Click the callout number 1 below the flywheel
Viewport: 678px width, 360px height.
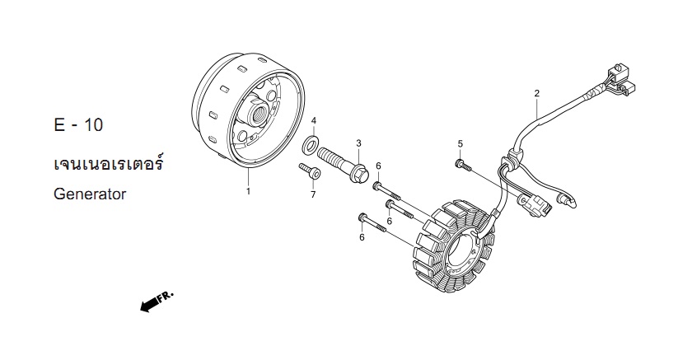248,190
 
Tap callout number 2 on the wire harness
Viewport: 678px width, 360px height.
536,93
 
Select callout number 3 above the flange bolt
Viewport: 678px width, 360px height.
358,143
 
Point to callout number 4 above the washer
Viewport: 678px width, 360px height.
314,120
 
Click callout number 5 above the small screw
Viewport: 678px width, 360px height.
460,143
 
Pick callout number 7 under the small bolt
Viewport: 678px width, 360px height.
313,195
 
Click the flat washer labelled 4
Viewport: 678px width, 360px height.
310,144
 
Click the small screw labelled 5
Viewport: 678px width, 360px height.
463,165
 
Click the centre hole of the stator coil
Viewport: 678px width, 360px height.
462,252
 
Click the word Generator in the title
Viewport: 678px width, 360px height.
90,194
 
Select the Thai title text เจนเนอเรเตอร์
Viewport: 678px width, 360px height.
109,164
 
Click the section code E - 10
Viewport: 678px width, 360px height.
79,125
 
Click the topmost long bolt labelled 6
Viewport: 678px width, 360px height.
387,191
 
